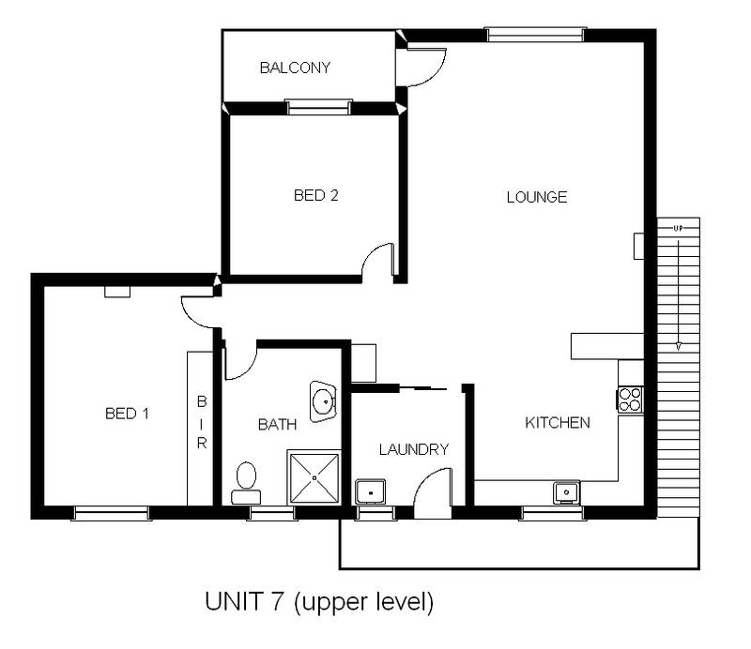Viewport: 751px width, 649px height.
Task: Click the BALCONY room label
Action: [x=295, y=68]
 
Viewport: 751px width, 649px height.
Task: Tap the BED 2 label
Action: [x=315, y=196]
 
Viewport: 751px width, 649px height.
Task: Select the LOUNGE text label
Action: [x=537, y=197]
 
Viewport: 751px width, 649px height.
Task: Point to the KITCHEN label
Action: [x=557, y=423]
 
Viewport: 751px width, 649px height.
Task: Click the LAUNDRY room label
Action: [x=413, y=449]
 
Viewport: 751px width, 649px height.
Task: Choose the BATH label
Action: [x=277, y=425]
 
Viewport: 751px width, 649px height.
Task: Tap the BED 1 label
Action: [x=127, y=413]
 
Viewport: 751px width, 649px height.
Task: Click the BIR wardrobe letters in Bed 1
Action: [x=201, y=422]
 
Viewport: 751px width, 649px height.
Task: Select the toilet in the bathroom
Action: [x=247, y=479]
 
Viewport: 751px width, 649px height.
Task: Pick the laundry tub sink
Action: [x=370, y=491]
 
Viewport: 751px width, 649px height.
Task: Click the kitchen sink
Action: [x=566, y=491]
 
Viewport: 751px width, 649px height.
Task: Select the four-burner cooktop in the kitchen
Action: [x=630, y=400]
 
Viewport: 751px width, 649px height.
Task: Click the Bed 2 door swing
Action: [x=377, y=260]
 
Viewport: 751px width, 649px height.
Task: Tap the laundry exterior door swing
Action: [x=433, y=492]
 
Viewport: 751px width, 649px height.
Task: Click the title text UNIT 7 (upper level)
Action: [x=318, y=601]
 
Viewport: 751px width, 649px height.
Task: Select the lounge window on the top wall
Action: [x=535, y=36]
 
